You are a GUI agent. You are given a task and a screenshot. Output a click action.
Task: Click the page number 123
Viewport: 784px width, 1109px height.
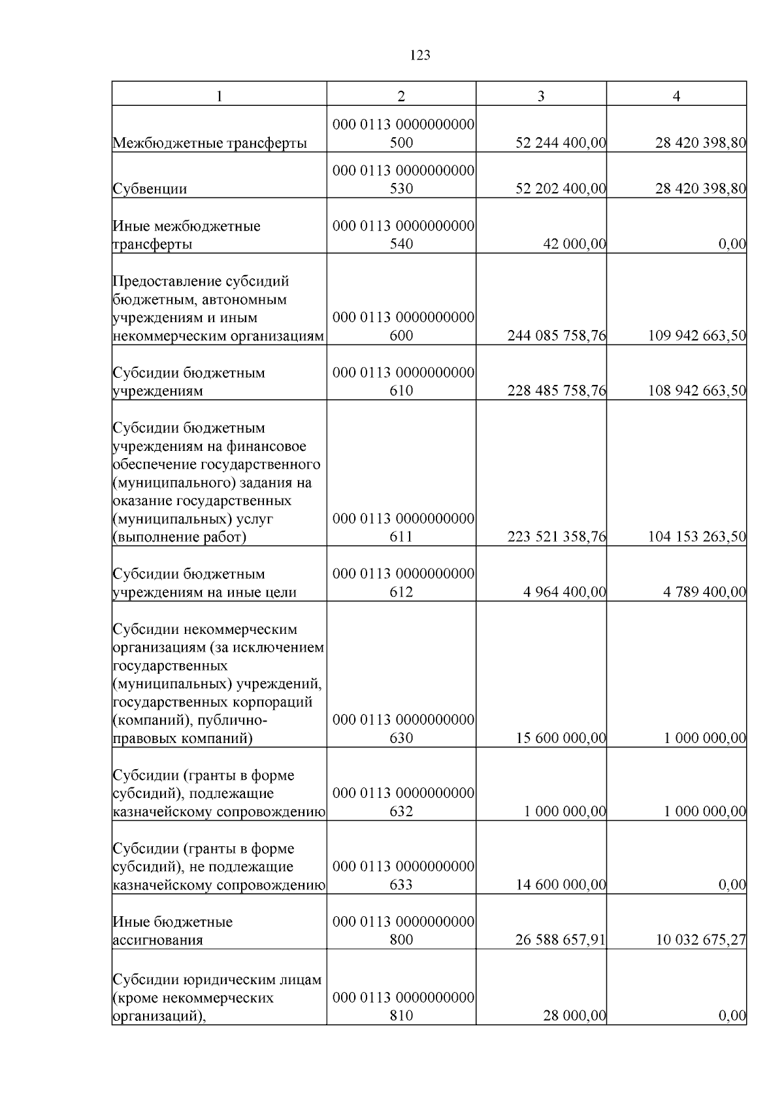click(x=420, y=56)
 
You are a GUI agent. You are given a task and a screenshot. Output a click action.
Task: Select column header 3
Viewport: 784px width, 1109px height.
click(x=541, y=96)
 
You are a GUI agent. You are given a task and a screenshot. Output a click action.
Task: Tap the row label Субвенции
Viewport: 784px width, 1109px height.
click(x=150, y=189)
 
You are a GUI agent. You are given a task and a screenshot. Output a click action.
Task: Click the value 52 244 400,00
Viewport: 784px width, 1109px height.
click(x=561, y=142)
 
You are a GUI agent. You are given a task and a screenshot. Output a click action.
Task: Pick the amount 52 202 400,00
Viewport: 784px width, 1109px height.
click(x=561, y=189)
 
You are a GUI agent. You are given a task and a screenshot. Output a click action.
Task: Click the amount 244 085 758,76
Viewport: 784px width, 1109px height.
click(x=557, y=336)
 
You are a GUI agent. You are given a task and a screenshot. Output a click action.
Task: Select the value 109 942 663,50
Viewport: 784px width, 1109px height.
click(x=697, y=336)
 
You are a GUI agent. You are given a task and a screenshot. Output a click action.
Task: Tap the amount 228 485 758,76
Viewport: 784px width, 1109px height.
click(x=557, y=391)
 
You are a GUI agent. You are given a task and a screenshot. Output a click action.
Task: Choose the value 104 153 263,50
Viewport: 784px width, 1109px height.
click(x=697, y=537)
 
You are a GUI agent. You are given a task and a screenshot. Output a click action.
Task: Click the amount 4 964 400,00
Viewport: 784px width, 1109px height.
click(x=564, y=592)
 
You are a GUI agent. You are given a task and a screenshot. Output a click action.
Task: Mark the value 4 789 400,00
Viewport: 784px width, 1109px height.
click(x=704, y=592)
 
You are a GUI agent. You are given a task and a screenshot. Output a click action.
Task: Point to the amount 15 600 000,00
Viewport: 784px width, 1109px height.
click(x=561, y=738)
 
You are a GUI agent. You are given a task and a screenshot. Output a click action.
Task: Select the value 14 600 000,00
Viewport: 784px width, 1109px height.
click(x=561, y=885)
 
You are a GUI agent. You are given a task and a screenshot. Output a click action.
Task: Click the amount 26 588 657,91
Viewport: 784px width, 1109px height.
click(x=561, y=940)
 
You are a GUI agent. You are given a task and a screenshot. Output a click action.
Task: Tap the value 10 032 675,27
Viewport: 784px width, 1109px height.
click(x=701, y=940)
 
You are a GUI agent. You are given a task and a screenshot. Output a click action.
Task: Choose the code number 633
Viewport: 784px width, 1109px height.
click(x=401, y=885)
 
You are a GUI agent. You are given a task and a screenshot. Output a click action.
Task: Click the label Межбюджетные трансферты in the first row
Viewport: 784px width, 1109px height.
click(x=210, y=142)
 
